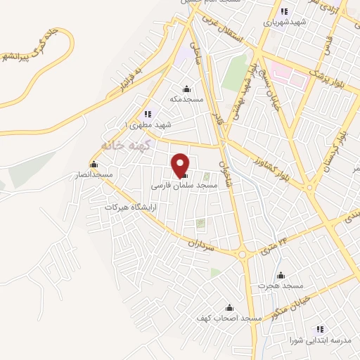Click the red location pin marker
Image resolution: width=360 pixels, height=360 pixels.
click(181, 164)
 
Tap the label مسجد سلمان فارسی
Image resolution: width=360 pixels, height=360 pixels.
click(186, 186)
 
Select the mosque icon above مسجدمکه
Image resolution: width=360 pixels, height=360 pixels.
click(186, 89)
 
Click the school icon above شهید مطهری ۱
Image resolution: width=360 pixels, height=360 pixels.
click(147, 113)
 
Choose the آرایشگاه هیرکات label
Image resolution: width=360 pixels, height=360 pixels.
click(130, 207)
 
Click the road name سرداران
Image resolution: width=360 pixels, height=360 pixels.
click(200, 243)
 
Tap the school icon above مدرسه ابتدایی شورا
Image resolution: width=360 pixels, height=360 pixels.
click(320, 329)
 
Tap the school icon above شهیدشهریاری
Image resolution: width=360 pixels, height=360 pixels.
click(284, 11)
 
